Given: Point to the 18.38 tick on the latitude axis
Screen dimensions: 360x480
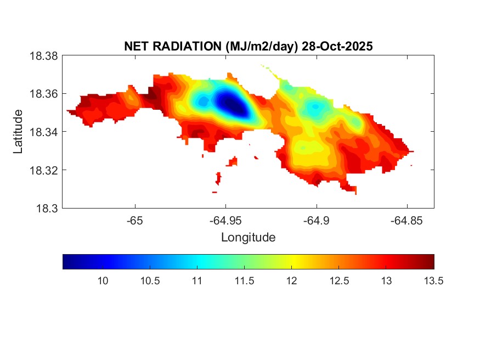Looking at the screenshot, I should [x=43, y=55].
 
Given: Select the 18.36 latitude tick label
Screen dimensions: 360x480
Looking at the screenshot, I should [x=43, y=94].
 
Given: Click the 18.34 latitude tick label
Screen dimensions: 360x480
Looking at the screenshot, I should [x=43, y=132].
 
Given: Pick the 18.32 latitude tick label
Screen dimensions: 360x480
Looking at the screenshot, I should [x=43, y=170].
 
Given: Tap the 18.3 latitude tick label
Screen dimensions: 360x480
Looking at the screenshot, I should [x=46, y=208].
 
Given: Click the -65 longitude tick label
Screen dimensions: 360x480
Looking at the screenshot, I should [x=135, y=221].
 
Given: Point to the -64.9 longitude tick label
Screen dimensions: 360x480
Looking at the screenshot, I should [x=316, y=221].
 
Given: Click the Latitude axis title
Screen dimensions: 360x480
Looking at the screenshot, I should [x=18, y=132].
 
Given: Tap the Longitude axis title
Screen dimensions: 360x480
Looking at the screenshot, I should [x=248, y=238].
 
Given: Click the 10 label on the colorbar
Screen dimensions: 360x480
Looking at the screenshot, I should [x=102, y=281].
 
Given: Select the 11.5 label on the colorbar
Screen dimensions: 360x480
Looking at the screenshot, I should [x=244, y=281].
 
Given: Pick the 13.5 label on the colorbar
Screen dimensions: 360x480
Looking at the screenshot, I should [x=433, y=281].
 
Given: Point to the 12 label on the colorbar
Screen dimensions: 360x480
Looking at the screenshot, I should [x=291, y=281].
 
